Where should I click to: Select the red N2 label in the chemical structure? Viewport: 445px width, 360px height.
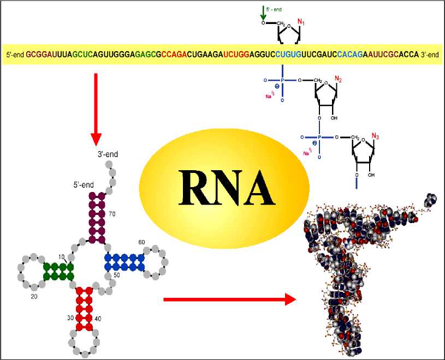click(339, 80)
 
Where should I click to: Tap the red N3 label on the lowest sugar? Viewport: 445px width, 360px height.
click(375, 136)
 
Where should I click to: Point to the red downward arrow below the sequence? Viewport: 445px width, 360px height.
click(96, 106)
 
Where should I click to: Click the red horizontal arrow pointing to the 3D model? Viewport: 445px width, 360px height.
click(229, 299)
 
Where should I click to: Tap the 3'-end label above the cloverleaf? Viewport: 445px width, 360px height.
click(107, 154)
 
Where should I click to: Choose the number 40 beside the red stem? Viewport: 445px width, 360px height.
click(98, 318)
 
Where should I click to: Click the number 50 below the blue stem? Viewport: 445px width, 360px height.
click(116, 276)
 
